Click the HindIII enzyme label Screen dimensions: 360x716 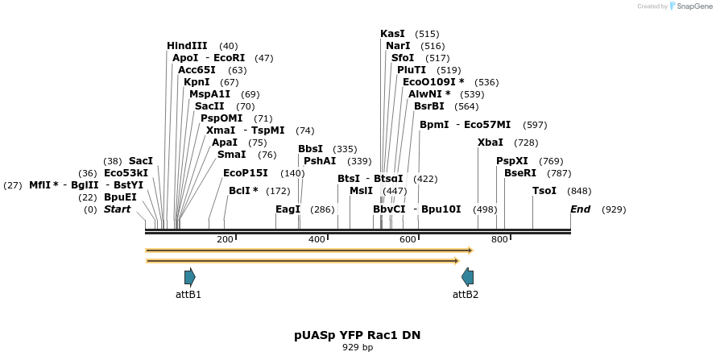[x=187, y=46]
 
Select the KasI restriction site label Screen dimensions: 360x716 [x=392, y=34]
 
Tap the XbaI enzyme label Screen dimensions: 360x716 [x=490, y=143]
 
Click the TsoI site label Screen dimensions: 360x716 [x=544, y=191]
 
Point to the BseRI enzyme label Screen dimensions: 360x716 [x=520, y=173]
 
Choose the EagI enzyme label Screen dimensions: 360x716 [x=288, y=209]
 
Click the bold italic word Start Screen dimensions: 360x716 [x=117, y=209]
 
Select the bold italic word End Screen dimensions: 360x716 [x=580, y=209]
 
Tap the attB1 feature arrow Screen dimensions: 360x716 [x=189, y=277]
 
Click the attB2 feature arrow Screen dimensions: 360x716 [x=467, y=277]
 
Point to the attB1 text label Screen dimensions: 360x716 [x=188, y=295]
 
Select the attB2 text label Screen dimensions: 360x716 [x=466, y=295]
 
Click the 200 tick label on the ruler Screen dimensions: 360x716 [x=225, y=239]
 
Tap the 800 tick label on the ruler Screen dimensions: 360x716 [x=499, y=239]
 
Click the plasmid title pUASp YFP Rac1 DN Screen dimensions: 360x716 [x=358, y=335]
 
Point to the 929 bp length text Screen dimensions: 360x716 [x=358, y=348]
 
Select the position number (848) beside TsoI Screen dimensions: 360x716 [x=579, y=191]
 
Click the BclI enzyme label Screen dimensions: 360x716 [x=243, y=191]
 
